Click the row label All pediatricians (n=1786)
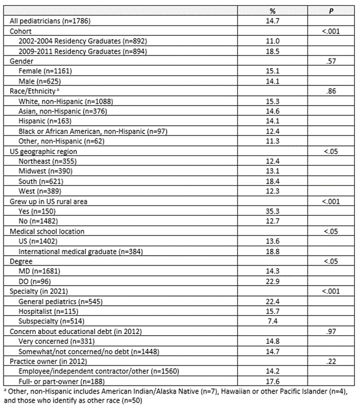[50, 21]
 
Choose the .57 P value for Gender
[331, 61]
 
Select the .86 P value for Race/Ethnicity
[331, 91]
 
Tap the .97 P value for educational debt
[331, 331]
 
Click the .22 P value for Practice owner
[331, 361]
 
